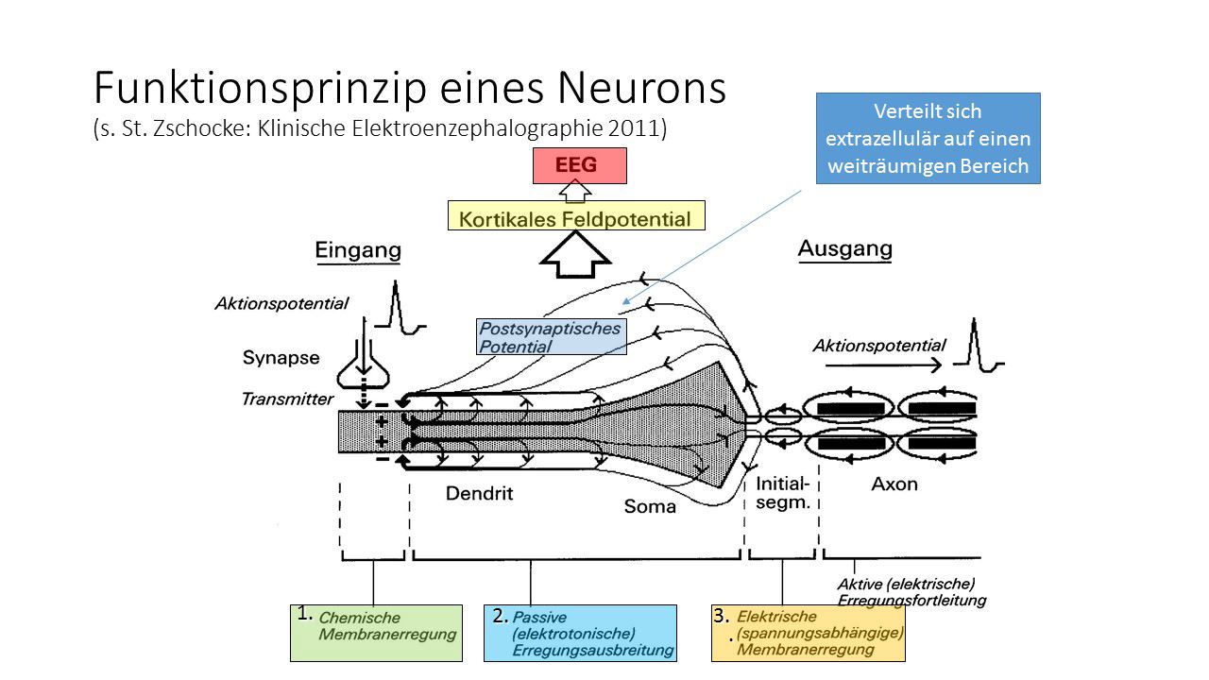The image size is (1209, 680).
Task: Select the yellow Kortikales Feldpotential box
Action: pyautogui.click(x=576, y=216)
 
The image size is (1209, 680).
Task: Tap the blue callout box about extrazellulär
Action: pyautogui.click(x=928, y=138)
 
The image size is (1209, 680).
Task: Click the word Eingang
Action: pyautogui.click(x=358, y=251)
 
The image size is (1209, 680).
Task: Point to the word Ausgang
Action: pyautogui.click(x=844, y=249)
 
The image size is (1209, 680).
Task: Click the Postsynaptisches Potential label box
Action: pyautogui.click(x=552, y=337)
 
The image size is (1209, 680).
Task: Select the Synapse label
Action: pyautogui.click(x=281, y=358)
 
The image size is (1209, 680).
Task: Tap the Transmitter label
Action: pyautogui.click(x=287, y=399)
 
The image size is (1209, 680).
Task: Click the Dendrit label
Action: pyautogui.click(x=479, y=492)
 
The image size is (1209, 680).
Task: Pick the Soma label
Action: pyautogui.click(x=650, y=507)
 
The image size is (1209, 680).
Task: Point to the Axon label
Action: pyautogui.click(x=894, y=484)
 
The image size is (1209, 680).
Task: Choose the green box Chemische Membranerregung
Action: pyautogui.click(x=376, y=632)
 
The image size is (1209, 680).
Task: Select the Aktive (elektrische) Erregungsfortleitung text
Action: pyautogui.click(x=911, y=591)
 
